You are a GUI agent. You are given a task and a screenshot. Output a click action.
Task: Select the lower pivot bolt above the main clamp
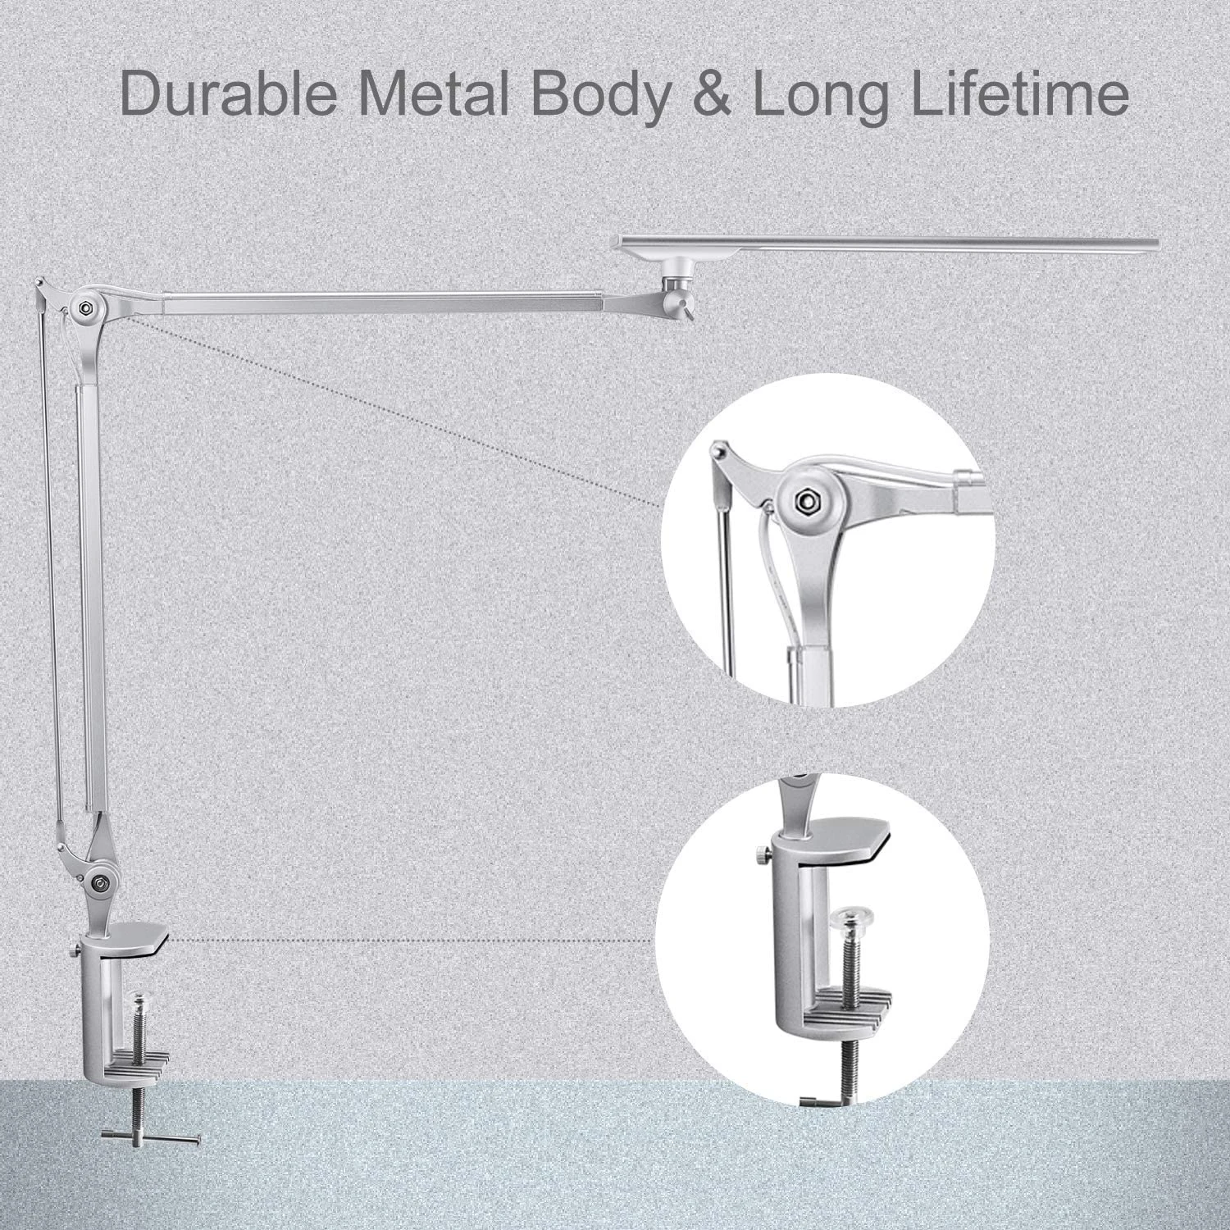point(100,882)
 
